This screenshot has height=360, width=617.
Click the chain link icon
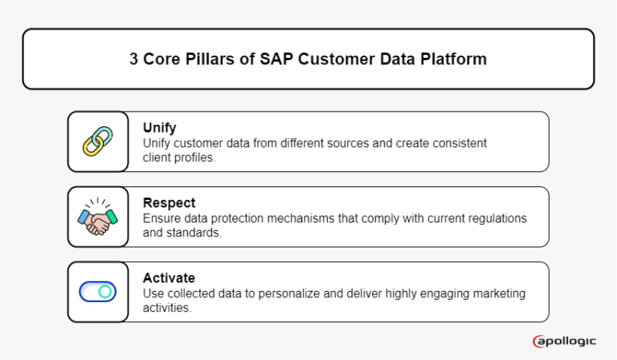(98, 141)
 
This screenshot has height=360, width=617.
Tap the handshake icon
(98, 218)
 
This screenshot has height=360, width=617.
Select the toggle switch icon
(98, 292)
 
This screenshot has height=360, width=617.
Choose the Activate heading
(167, 277)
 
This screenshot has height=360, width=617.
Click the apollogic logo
(565, 342)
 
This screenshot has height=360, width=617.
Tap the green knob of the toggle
(105, 292)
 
